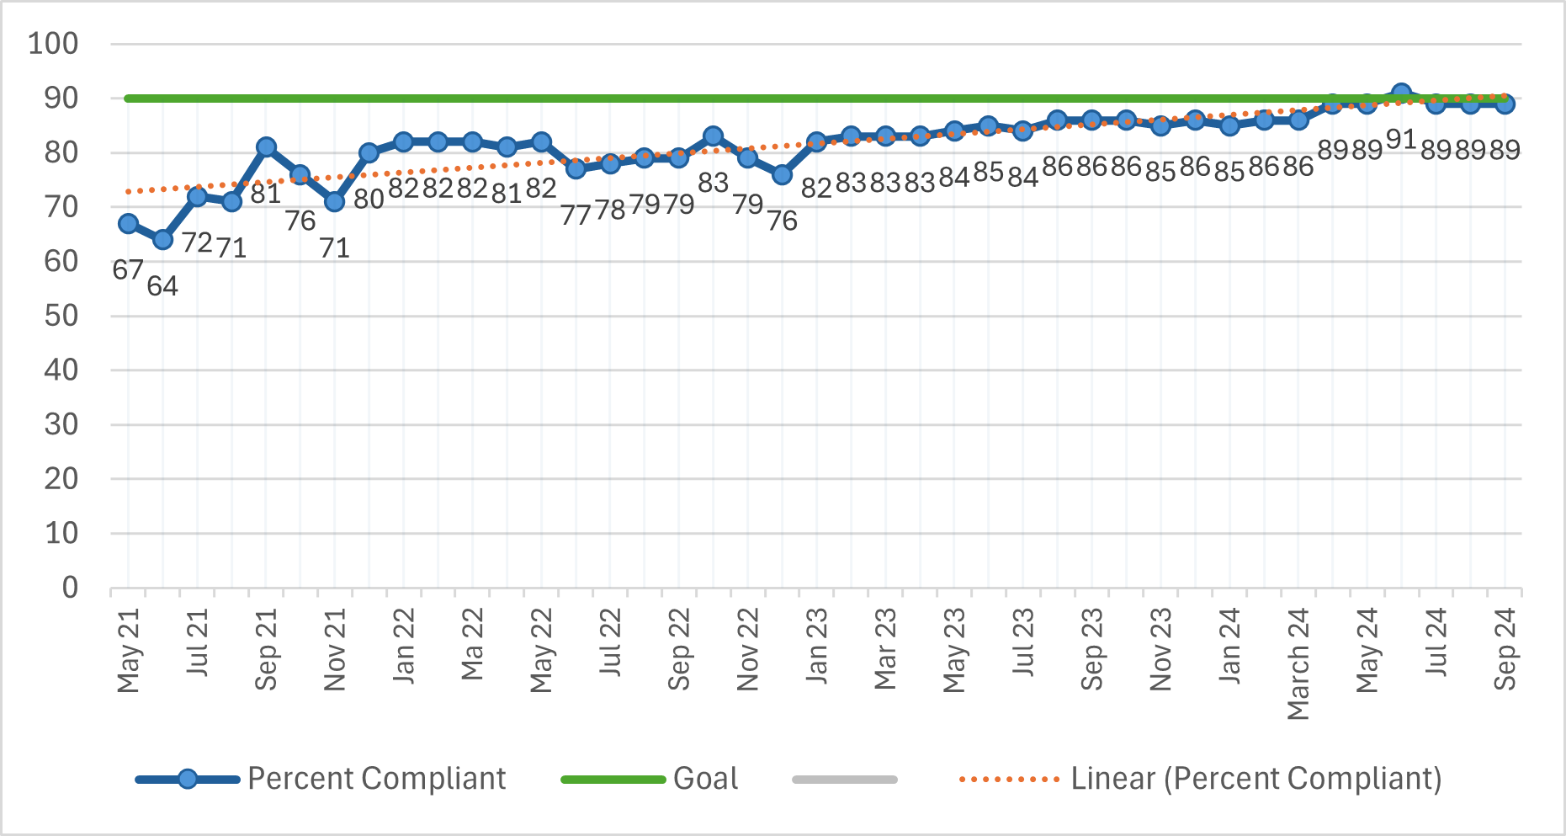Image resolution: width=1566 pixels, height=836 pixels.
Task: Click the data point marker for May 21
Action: [128, 224]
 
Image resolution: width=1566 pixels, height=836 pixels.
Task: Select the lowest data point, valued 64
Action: [162, 240]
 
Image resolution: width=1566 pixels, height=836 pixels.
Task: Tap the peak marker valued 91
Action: [1401, 93]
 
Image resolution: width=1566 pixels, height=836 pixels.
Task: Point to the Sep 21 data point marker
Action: [266, 147]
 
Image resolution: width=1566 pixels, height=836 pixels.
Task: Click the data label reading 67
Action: [128, 270]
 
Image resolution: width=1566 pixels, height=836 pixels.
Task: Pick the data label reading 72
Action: [197, 242]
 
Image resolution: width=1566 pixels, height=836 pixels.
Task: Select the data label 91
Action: [1401, 139]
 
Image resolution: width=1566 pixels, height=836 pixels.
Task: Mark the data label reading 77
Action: [576, 216]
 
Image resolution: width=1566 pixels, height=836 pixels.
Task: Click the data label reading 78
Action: [610, 210]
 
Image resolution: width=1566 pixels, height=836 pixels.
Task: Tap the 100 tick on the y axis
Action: [53, 44]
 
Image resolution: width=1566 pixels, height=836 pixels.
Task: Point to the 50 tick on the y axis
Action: [61, 316]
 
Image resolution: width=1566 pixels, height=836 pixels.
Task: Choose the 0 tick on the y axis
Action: [71, 588]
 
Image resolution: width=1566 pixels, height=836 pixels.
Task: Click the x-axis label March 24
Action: [1298, 664]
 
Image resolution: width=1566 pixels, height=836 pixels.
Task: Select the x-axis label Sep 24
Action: [1505, 649]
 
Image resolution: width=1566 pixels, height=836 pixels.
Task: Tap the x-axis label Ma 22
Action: [472, 645]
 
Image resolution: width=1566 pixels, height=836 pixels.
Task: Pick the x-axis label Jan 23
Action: [816, 646]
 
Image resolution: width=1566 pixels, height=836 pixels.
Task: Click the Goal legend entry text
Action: [706, 779]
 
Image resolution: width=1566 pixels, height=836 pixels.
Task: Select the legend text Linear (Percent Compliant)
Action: [1256, 779]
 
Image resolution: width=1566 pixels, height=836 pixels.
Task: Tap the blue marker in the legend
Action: [188, 780]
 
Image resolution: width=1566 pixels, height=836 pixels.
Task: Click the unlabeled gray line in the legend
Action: [845, 780]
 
